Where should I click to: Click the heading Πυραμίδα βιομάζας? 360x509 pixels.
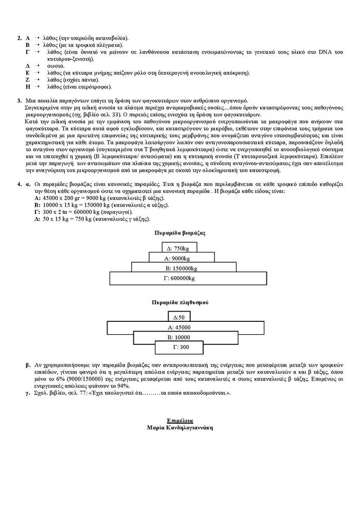point(180,233)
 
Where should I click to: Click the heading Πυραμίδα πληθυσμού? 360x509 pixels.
point(180,302)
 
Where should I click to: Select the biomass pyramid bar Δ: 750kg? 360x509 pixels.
point(180,248)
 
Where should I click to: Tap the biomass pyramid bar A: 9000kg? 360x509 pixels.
point(180,258)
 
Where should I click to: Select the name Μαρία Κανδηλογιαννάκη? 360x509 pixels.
point(179,428)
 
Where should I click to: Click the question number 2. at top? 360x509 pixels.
point(19,38)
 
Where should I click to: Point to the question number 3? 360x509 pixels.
point(19,100)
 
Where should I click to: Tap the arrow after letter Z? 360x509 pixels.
point(37,80)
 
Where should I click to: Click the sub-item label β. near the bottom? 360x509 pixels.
point(28,365)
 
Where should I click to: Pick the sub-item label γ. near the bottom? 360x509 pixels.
point(28,392)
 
